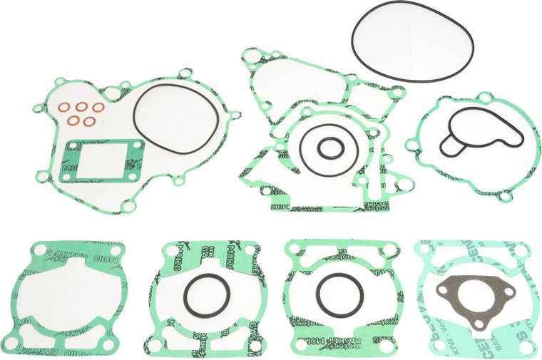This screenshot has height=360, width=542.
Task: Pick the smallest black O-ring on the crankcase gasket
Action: tap(329, 148)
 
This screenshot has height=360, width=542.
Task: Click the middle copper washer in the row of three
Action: tap(81, 107)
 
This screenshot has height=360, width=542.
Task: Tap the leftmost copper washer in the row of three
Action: tap(63, 109)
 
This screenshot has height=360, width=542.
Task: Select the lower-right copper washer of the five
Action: tap(89, 120)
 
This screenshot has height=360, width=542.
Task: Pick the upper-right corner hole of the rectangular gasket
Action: tap(139, 145)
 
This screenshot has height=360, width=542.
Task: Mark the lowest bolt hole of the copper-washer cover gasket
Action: tap(128, 207)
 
